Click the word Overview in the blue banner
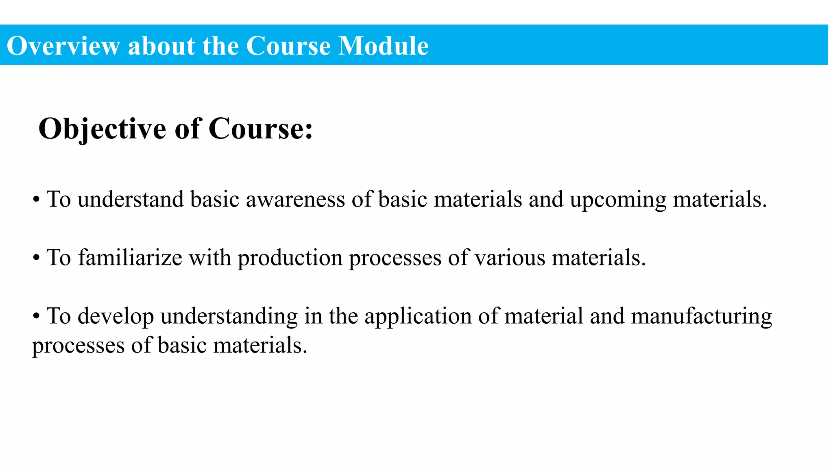pyautogui.click(x=63, y=46)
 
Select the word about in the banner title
pyautogui.click(x=161, y=46)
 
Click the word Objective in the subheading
pyautogui.click(x=102, y=129)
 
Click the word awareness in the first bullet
pyautogui.click(x=295, y=199)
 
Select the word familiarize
pyautogui.click(x=130, y=258)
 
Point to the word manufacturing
pyautogui.click(x=701, y=317)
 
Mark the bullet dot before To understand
pyautogui.click(x=36, y=200)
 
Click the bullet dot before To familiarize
pyautogui.click(x=36, y=258)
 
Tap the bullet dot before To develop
pyautogui.click(x=36, y=316)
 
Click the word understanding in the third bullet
pyautogui.click(x=229, y=317)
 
